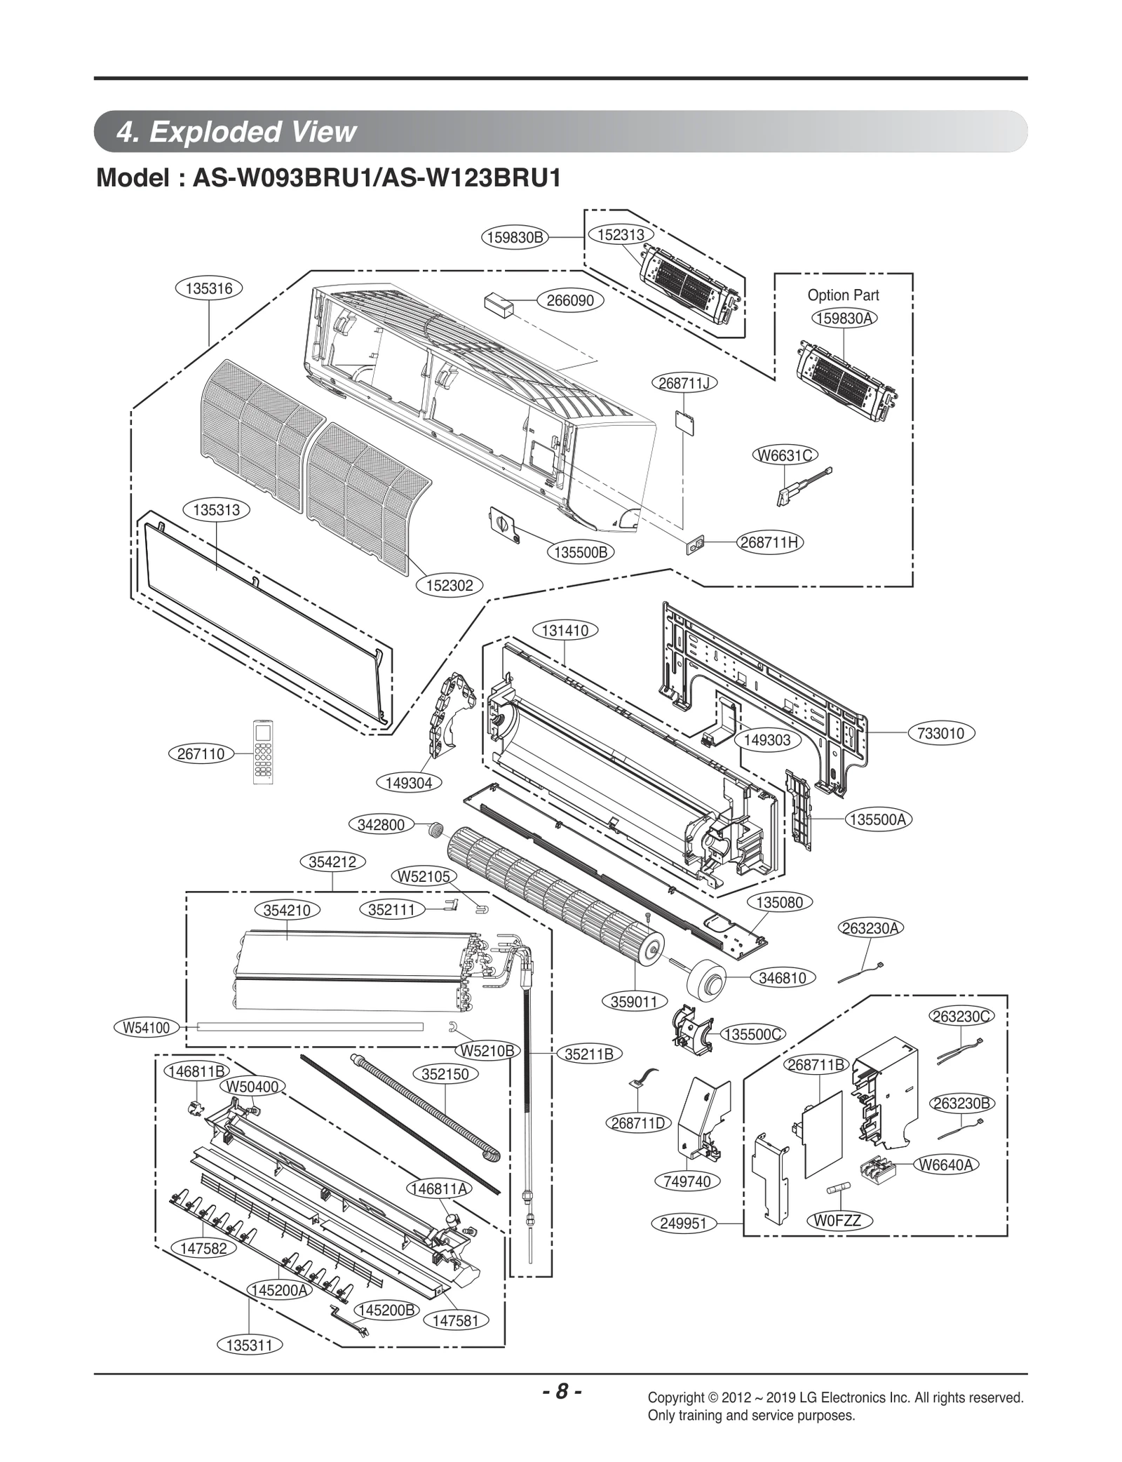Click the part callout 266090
(x=569, y=300)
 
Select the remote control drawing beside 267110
(x=263, y=751)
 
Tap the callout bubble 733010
(x=940, y=733)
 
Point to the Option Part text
(x=843, y=295)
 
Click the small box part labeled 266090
(x=498, y=304)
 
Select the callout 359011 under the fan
(x=634, y=1002)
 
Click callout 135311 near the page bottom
(x=250, y=1345)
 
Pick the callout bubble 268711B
(x=816, y=1064)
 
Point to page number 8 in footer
(x=561, y=1391)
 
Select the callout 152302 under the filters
(x=450, y=584)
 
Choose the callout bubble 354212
(x=332, y=861)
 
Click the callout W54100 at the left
(x=147, y=1028)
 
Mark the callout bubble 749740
(x=687, y=1181)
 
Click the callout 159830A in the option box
(x=844, y=318)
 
